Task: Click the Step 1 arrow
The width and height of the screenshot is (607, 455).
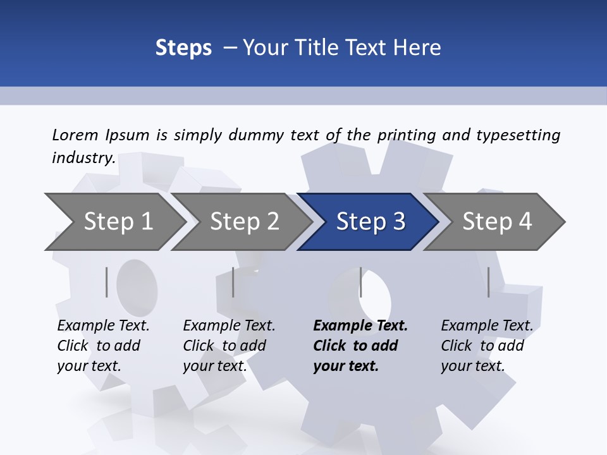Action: tap(118, 222)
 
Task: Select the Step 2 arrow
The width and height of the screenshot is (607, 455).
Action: tap(244, 222)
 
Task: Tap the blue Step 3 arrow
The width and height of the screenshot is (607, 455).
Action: tap(371, 222)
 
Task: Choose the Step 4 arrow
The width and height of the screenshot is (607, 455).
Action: tap(497, 222)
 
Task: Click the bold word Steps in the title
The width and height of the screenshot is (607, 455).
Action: tap(183, 47)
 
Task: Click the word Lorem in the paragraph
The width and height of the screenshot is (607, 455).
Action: tap(75, 135)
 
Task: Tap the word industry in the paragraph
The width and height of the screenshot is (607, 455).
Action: tap(83, 158)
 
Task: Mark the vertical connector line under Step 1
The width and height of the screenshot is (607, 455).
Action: tap(107, 282)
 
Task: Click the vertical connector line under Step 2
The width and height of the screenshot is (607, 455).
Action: tap(233, 282)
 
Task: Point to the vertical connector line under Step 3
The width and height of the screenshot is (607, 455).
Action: tap(360, 282)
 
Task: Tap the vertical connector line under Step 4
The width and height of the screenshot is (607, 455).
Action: tap(489, 282)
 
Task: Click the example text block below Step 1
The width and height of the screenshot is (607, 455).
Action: tap(103, 346)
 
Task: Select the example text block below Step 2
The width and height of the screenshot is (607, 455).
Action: tap(229, 346)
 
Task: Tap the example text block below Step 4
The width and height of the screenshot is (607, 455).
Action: tap(487, 346)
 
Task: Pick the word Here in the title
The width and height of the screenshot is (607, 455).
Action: tap(419, 47)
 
